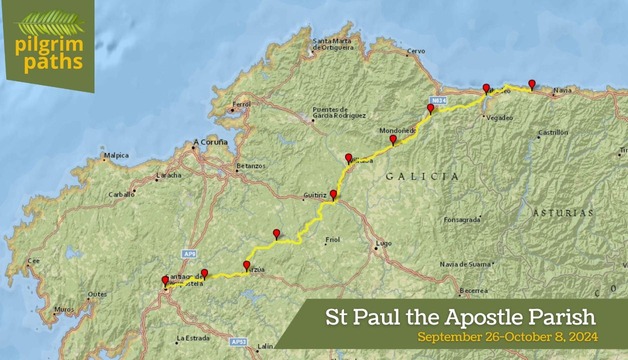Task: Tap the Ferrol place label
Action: [241, 104]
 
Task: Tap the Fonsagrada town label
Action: [462, 219]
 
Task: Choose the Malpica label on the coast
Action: [116, 155]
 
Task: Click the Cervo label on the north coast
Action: [416, 51]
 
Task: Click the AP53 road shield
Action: [238, 341]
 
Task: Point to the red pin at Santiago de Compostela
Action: [166, 281]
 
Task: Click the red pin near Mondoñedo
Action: [394, 140]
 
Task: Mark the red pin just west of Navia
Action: [532, 84]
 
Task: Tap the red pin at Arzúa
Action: [246, 265]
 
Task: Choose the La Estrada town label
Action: [193, 337]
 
